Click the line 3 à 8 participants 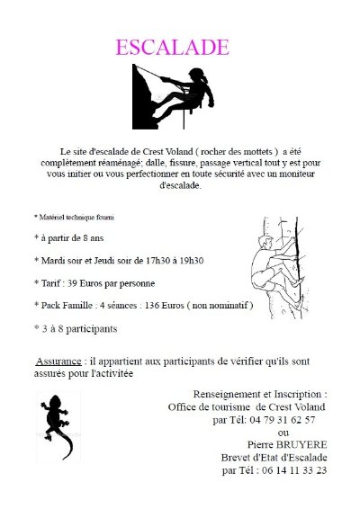76,329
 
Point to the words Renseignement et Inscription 260,394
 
